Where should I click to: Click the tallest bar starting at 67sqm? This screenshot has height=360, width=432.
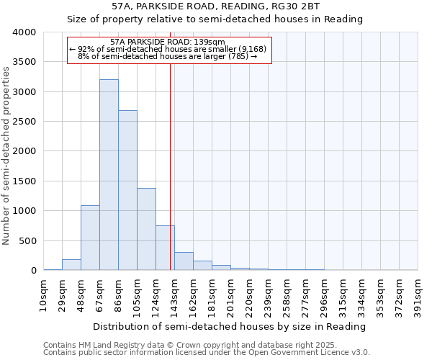(109, 175)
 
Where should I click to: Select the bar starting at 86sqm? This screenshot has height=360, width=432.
(127, 190)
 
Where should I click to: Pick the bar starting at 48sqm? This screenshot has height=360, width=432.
(90, 238)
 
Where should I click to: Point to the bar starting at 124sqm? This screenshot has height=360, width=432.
(165, 248)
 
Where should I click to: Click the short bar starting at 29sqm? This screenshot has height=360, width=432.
(71, 264)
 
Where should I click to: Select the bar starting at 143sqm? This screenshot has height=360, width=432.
(184, 261)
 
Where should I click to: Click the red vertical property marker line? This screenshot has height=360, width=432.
(170, 166)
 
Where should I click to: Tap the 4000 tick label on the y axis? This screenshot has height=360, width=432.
(24, 32)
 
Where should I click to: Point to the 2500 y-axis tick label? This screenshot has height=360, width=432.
(24, 122)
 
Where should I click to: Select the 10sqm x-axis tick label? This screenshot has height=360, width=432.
(44, 294)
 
